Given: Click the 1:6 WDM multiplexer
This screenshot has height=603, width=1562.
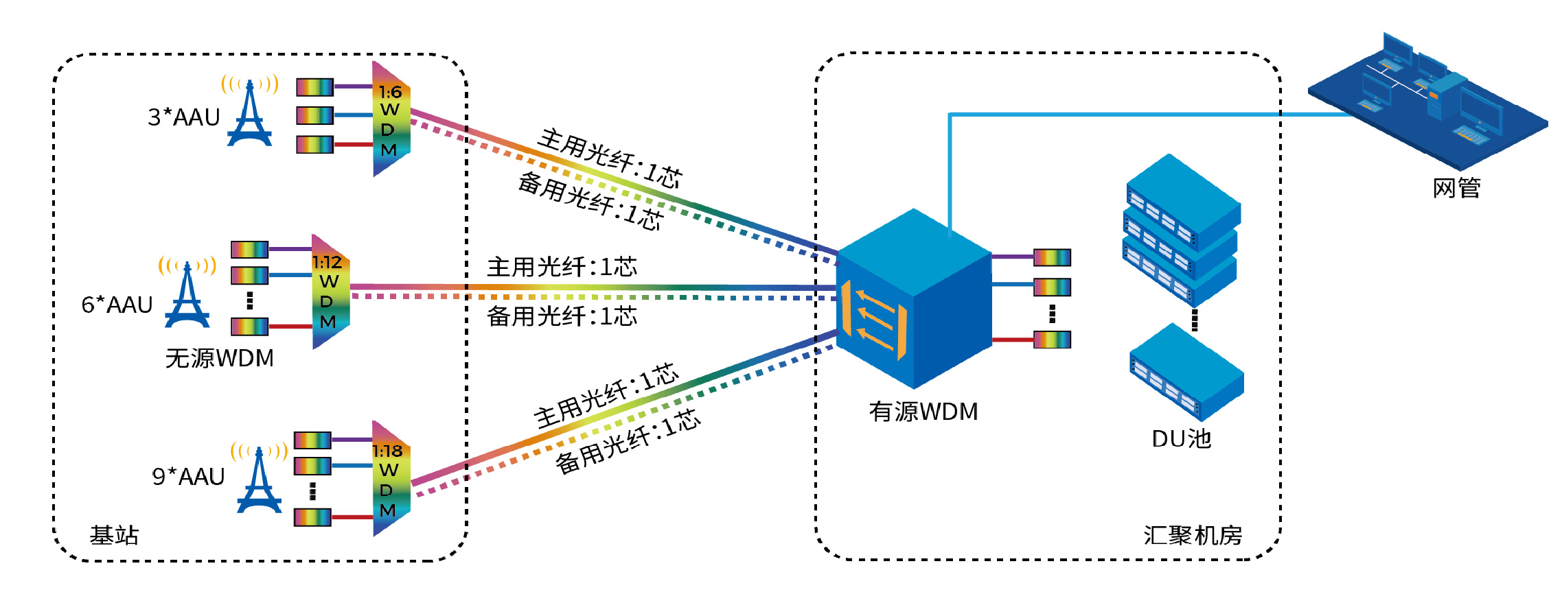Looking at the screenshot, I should [391, 120].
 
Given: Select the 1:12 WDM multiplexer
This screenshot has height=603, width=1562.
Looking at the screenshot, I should [330, 292].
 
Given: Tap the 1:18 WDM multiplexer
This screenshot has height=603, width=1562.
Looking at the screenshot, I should [391, 480].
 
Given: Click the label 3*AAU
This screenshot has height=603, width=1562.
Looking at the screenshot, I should [183, 117].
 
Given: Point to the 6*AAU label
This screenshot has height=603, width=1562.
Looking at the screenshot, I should [117, 305].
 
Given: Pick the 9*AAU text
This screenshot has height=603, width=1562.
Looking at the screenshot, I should [188, 476].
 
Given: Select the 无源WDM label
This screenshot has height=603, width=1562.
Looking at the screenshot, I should [219, 358].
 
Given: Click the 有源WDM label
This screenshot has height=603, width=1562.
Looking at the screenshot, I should [923, 412].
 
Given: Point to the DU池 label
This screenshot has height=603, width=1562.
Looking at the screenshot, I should [1181, 439].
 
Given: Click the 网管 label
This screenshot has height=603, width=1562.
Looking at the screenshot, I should [1456, 188].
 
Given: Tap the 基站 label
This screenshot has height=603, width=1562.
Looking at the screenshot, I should [114, 535].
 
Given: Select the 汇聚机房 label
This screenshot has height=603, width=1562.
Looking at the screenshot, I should [1193, 535].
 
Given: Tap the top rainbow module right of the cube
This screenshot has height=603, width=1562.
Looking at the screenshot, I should [1052, 257].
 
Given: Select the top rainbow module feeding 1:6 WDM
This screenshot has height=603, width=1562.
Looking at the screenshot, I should [314, 87].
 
